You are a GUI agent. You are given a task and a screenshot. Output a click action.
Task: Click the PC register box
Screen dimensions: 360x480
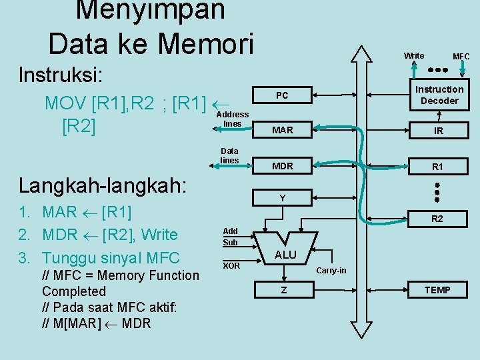(282, 97)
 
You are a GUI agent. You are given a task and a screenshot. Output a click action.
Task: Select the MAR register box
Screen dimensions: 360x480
(282, 130)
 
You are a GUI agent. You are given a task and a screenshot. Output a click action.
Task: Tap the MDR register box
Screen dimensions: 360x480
(282, 165)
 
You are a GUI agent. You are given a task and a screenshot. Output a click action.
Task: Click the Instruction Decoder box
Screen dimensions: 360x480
(439, 95)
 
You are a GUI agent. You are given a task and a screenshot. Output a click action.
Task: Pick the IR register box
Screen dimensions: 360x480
(439, 131)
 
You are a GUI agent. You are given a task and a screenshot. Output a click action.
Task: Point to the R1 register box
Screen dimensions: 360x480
(437, 167)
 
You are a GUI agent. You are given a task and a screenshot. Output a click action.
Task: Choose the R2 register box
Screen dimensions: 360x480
(437, 219)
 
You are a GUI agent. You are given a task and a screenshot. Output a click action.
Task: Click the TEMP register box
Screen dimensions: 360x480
(437, 289)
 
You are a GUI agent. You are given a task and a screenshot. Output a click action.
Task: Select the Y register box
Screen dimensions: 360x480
(282, 198)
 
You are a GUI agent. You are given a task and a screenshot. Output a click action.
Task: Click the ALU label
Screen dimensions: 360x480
(285, 255)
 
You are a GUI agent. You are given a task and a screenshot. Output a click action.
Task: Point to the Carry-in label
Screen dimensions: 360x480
(331, 270)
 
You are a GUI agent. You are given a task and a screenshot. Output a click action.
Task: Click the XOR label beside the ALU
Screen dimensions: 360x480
(231, 266)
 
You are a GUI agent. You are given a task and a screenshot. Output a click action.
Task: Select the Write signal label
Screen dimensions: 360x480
(413, 55)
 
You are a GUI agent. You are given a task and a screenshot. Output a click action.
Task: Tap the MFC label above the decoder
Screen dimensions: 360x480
(461, 57)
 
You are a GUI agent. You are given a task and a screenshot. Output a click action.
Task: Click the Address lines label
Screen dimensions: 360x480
(232, 119)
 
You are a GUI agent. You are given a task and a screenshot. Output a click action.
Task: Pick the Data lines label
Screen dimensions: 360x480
(229, 156)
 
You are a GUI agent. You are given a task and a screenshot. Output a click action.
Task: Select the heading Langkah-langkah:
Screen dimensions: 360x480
(103, 185)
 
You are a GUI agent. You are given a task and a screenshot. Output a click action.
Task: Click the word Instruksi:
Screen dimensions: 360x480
(61, 74)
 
